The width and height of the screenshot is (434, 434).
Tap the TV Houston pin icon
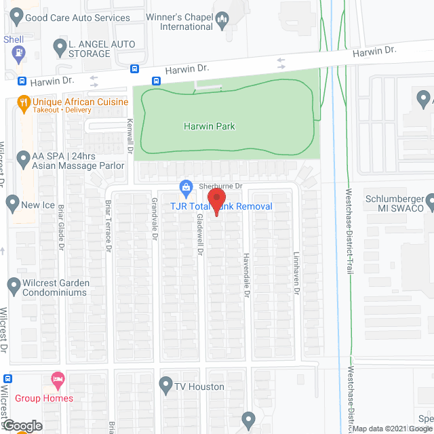point(165,387)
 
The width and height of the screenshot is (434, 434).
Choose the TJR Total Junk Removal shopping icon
point(185,186)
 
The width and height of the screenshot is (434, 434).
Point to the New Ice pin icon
point(12,203)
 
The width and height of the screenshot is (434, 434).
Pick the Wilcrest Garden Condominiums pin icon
point(13,285)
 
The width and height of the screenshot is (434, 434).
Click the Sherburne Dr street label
point(220,186)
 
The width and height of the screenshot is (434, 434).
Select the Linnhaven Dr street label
point(296,274)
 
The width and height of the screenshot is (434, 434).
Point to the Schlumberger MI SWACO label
point(393,203)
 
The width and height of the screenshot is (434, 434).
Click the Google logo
point(22,426)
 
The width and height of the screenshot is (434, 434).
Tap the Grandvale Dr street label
point(155,221)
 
